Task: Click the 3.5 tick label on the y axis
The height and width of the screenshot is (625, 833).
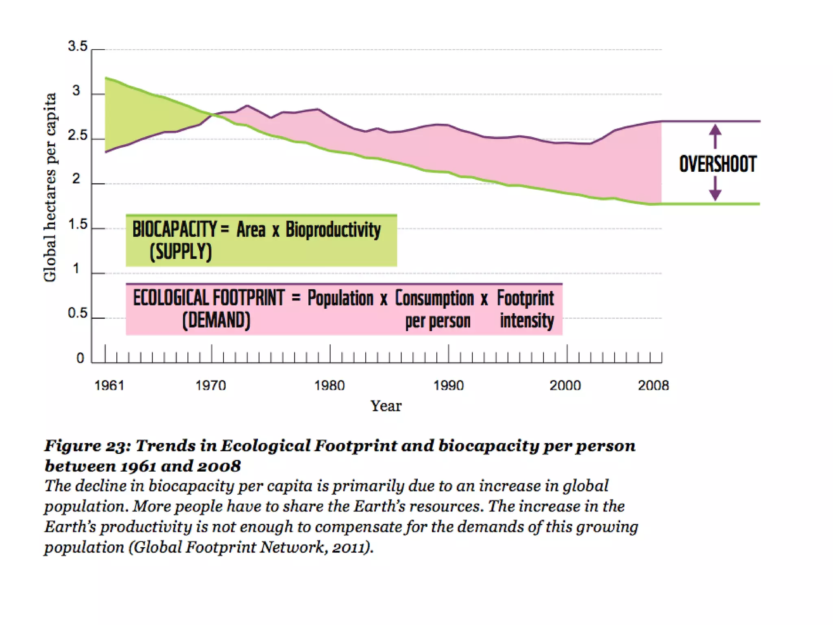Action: [77, 46]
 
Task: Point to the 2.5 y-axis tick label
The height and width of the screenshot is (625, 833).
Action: [77, 135]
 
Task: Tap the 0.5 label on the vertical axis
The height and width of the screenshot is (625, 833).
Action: [77, 313]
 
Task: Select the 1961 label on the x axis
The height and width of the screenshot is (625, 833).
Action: [109, 385]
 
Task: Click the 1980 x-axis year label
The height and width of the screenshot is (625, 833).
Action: [329, 385]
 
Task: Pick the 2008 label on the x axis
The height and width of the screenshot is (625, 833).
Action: [653, 385]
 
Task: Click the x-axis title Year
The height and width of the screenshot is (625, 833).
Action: [386, 406]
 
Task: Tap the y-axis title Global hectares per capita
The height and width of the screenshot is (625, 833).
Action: [50, 187]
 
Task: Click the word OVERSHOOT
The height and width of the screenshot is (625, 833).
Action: [717, 164]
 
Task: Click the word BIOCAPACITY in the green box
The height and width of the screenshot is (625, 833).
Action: [174, 229]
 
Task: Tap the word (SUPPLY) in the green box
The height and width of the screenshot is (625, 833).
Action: [181, 252]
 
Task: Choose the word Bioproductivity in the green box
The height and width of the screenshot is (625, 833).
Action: [333, 230]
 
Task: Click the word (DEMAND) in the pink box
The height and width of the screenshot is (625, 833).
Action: [216, 320]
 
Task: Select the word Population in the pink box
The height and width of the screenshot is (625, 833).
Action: [340, 298]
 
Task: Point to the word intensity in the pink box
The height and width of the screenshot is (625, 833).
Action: [527, 321]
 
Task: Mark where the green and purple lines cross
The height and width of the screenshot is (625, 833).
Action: [214, 115]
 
